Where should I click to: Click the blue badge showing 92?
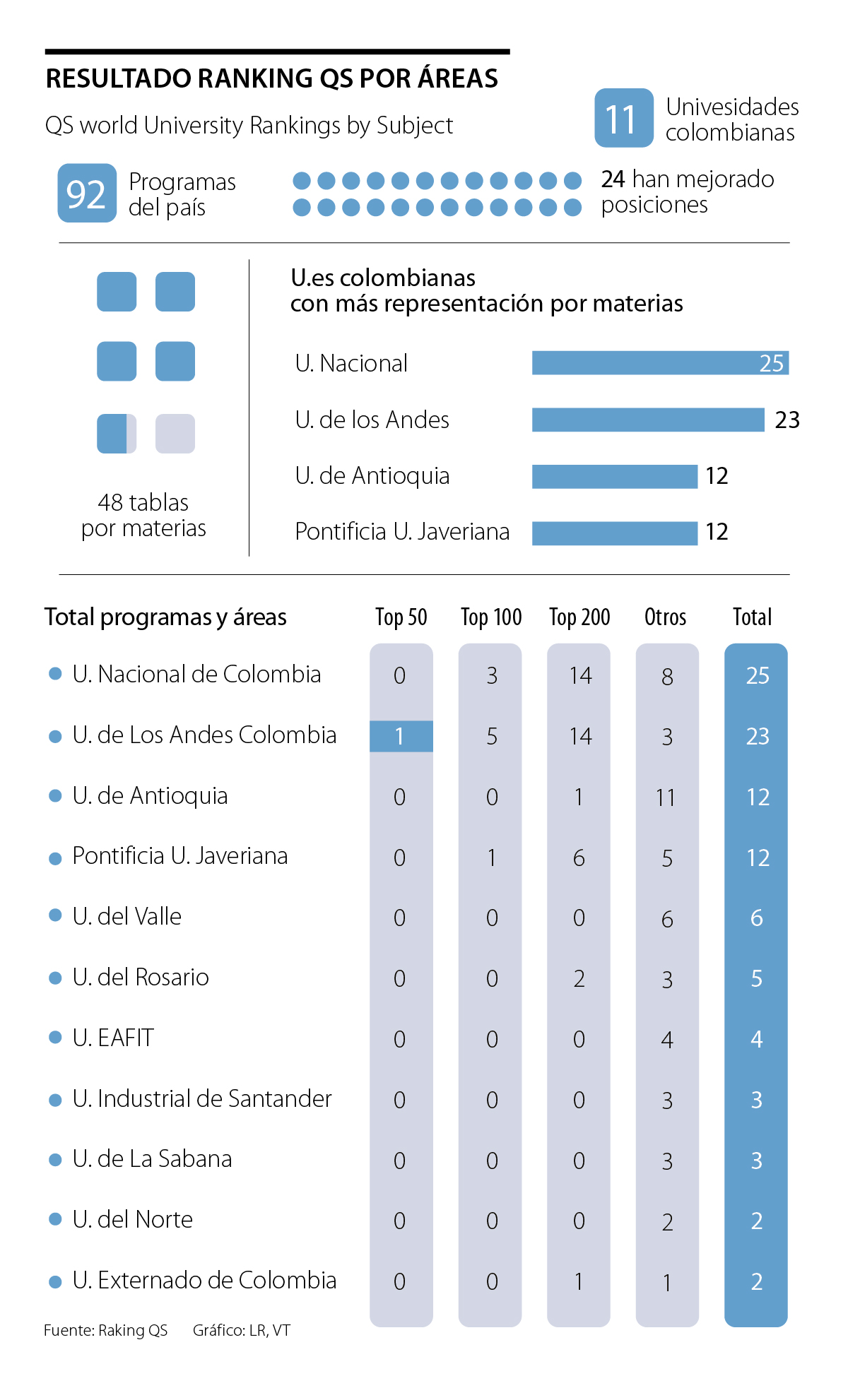click(x=87, y=193)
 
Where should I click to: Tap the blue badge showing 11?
click(x=623, y=118)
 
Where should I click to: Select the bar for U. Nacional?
click(x=659, y=363)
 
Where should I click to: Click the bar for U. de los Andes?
click(x=647, y=420)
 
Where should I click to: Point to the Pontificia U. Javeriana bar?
click(x=614, y=533)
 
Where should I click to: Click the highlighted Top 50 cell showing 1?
click(x=401, y=736)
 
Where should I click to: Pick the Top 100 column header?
click(x=491, y=617)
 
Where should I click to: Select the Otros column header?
click(x=665, y=617)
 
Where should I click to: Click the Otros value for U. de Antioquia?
click(x=666, y=797)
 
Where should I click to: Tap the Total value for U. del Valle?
click(x=756, y=918)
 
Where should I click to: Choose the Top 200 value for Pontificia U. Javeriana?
click(x=579, y=858)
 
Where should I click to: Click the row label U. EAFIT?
click(x=113, y=1038)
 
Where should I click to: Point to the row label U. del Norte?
click(x=132, y=1219)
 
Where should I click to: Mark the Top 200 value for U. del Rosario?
click(x=579, y=979)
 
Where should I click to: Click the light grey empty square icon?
click(x=175, y=433)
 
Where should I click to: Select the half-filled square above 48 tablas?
click(x=117, y=433)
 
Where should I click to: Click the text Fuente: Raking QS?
click(x=106, y=1330)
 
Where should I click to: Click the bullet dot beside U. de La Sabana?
click(x=55, y=1160)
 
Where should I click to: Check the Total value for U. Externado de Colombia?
click(x=756, y=1281)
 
